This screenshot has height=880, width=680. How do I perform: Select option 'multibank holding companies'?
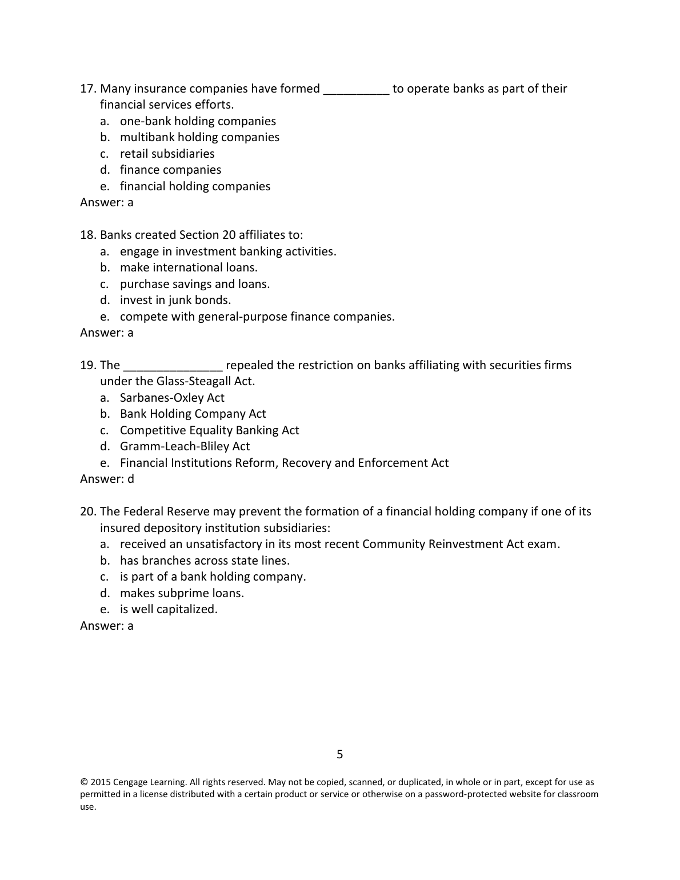coord(199,137)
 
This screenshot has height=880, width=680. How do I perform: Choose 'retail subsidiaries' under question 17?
coord(167,154)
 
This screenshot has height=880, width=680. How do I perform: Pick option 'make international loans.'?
coord(189,267)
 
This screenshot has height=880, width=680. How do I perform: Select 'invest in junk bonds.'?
coord(175,300)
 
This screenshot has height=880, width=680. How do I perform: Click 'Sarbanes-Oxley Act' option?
coord(172,398)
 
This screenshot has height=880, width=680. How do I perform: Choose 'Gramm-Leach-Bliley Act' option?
coord(185,446)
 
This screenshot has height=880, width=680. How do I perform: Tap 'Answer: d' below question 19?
coord(107,479)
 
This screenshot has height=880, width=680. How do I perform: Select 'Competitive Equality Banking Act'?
coord(209,430)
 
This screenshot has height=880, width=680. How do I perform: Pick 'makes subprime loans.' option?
coord(182,593)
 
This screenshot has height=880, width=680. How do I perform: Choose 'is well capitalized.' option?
coord(169,609)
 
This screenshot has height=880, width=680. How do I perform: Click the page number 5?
coord(340,754)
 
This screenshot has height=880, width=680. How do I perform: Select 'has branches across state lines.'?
coord(205,561)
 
